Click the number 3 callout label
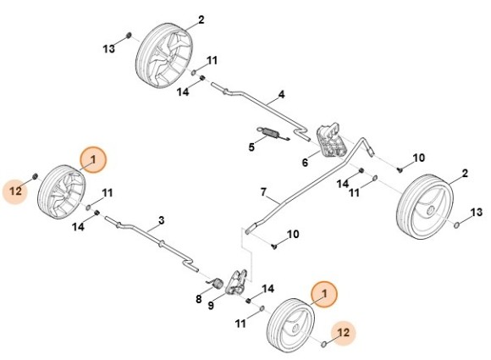pyautogui.click(x=161, y=220)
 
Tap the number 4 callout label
pyautogui.click(x=282, y=94)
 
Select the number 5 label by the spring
pyautogui.click(x=251, y=147)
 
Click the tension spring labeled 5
pyautogui.click(x=273, y=134)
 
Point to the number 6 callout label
pyautogui.click(x=305, y=163)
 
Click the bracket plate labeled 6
pyautogui.click(x=331, y=139)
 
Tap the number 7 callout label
pyautogui.click(x=263, y=191)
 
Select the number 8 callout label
pyautogui.click(x=199, y=299)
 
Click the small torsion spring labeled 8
pyautogui.click(x=217, y=283)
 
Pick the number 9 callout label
pyautogui.click(x=211, y=305)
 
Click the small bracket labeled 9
pyautogui.click(x=237, y=282)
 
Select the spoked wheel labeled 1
pyautogui.click(x=61, y=191)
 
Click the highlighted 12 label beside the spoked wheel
pyautogui.click(x=15, y=191)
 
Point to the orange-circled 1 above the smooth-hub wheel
pyautogui.click(x=324, y=294)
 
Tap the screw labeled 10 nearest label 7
pyautogui.click(x=275, y=246)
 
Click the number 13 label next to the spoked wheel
pyautogui.click(x=109, y=49)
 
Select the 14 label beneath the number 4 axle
pyautogui.click(x=183, y=92)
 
